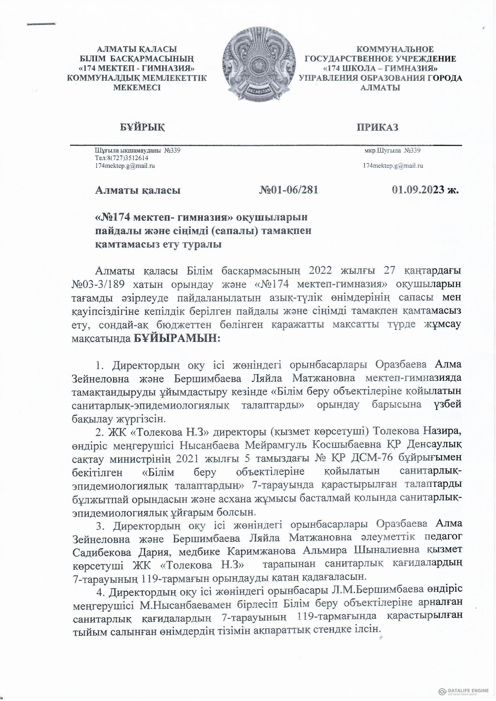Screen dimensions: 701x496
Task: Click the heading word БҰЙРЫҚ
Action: [x=142, y=127]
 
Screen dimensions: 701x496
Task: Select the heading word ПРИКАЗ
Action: [x=378, y=127]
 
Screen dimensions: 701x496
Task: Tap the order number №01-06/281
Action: [x=288, y=190]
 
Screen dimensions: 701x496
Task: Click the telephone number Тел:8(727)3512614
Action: [x=121, y=158]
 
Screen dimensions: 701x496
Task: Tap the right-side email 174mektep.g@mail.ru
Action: [x=393, y=166]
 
